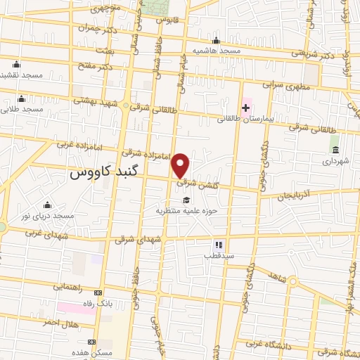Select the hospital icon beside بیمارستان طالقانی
[x=245, y=108]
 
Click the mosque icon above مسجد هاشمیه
[x=216, y=40]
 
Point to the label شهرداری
[x=335, y=161]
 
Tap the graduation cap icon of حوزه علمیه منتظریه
[x=186, y=199]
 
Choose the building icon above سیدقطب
[x=218, y=245]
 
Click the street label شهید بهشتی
[x=95, y=101]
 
